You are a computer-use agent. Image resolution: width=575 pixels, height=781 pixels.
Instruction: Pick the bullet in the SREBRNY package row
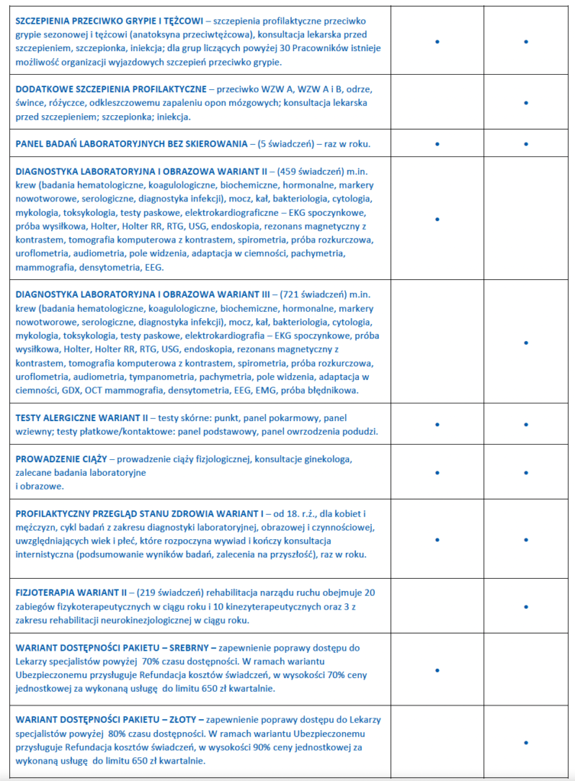point(438,669)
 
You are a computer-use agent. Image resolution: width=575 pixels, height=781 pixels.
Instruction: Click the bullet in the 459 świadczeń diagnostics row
point(438,219)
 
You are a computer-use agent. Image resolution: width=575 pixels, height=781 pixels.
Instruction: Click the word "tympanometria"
point(171,377)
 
